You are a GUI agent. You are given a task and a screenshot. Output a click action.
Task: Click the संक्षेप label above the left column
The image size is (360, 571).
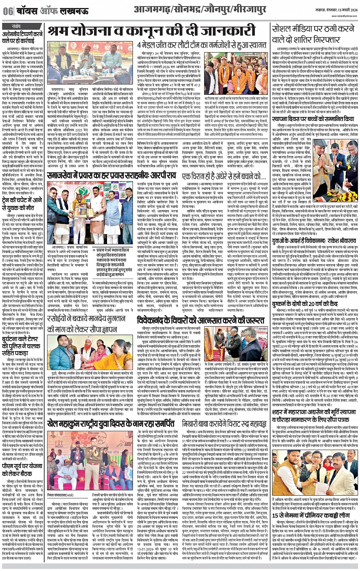[16, 26]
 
